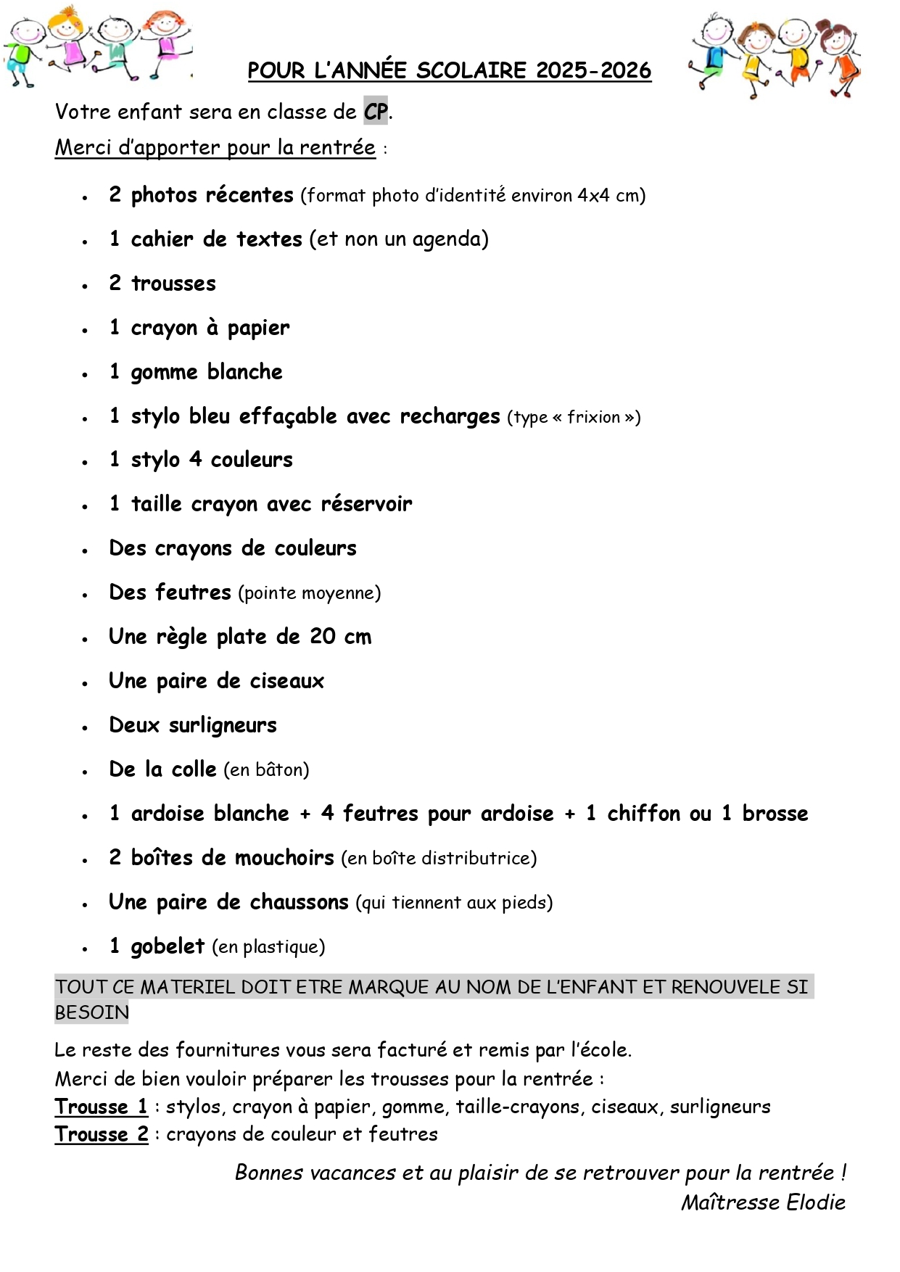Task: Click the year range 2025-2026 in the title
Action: (x=593, y=70)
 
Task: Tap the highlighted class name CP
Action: (x=376, y=112)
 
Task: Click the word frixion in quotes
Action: (x=593, y=417)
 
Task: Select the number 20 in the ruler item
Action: (x=323, y=637)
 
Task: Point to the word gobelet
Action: (x=168, y=946)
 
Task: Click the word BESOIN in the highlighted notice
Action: (x=92, y=1012)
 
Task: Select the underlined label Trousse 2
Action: (x=102, y=1134)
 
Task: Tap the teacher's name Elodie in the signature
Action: (x=816, y=1202)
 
